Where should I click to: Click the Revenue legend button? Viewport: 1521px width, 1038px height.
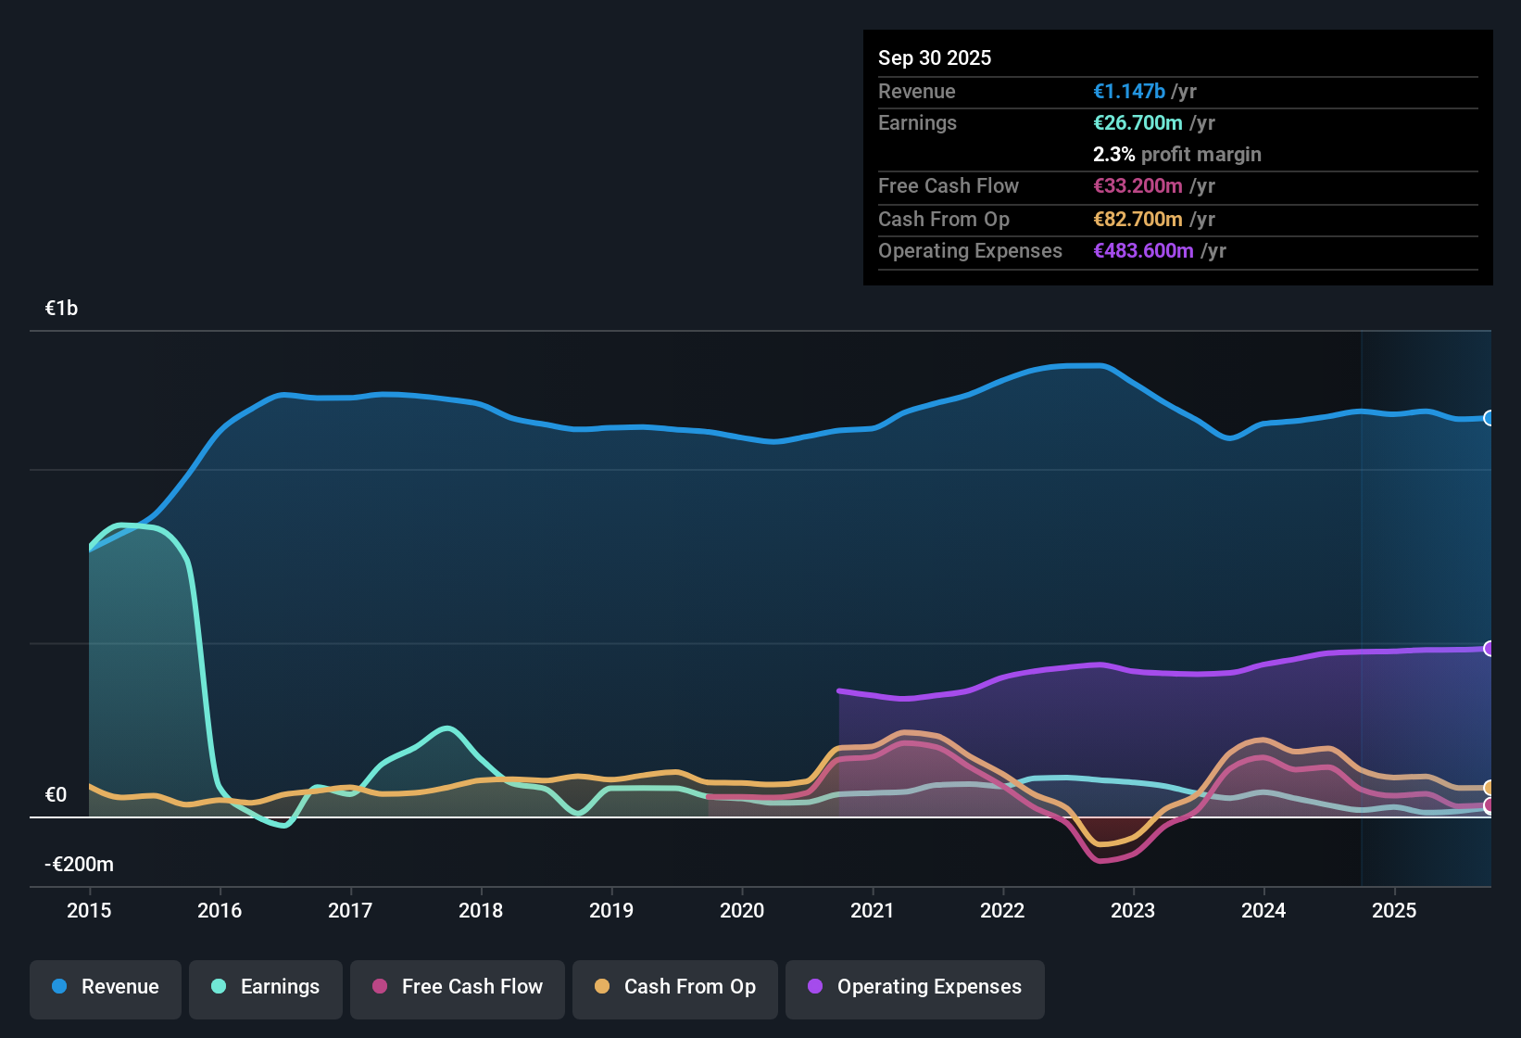pyautogui.click(x=106, y=987)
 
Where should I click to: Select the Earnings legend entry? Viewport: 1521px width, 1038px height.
pyautogui.click(x=266, y=987)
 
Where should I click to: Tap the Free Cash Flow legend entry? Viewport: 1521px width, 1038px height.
pyautogui.click(x=458, y=987)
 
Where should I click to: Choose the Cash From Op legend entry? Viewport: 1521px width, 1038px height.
pyautogui.click(x=675, y=987)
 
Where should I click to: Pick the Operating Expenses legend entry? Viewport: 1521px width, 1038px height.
pyautogui.click(x=915, y=987)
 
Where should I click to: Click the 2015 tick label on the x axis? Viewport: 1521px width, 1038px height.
pyautogui.click(x=89, y=910)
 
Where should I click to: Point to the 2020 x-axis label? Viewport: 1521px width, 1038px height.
pyautogui.click(x=742, y=910)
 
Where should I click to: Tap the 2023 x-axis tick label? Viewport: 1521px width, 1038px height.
pyautogui.click(x=1133, y=910)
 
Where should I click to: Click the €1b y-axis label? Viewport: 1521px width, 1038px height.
pyautogui.click(x=61, y=309)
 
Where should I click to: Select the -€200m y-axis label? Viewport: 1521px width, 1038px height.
pyautogui.click(x=79, y=865)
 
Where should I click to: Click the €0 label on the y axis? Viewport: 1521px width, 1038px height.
pyautogui.click(x=56, y=795)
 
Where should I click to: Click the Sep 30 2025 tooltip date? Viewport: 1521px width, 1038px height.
pyautogui.click(x=934, y=57)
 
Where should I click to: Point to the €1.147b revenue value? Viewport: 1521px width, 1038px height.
pyautogui.click(x=1129, y=91)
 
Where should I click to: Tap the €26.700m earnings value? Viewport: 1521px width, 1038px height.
pyautogui.click(x=1138, y=123)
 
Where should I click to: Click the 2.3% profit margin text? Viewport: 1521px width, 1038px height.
pyautogui.click(x=1176, y=155)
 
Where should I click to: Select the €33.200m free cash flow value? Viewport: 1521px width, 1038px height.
pyautogui.click(x=1138, y=186)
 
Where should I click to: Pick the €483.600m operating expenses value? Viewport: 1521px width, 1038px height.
pyautogui.click(x=1143, y=251)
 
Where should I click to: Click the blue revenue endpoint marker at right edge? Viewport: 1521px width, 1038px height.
pyautogui.click(x=1489, y=418)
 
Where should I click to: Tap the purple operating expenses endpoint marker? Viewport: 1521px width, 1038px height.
pyautogui.click(x=1489, y=649)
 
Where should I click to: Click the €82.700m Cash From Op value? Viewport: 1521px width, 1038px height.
pyautogui.click(x=1138, y=220)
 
